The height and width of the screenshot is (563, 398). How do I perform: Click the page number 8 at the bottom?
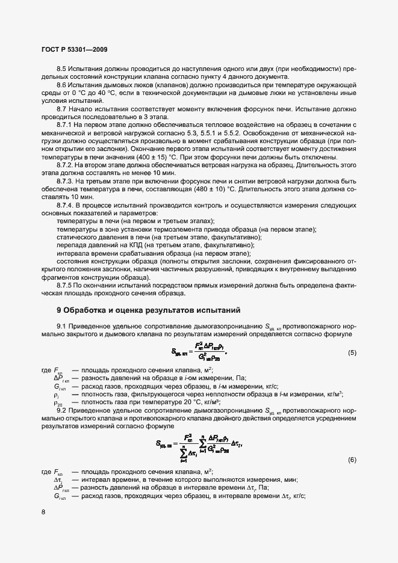[43, 512]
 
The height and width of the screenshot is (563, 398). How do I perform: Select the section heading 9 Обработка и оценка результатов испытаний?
[148, 310]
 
